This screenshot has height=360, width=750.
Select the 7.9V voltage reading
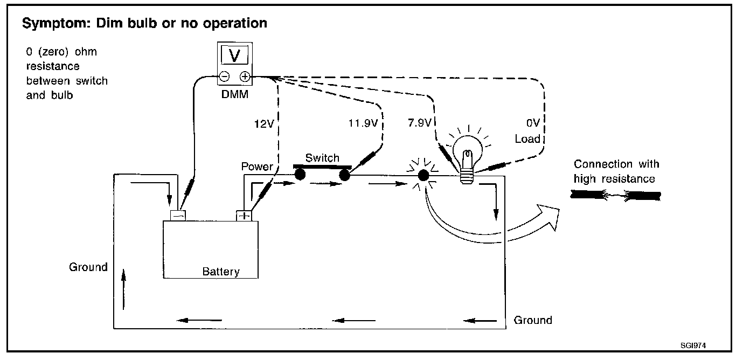[x=420, y=123]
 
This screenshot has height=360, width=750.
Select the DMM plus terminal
[x=244, y=77]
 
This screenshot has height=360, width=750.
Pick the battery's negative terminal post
[x=178, y=215]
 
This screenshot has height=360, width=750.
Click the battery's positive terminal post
[x=244, y=216]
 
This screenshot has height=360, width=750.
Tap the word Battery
[x=221, y=271]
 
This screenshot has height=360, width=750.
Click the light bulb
[x=467, y=152]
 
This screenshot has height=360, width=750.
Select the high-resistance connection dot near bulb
[x=423, y=175]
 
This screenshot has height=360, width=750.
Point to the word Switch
[x=322, y=158]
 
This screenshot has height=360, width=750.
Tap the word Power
[x=257, y=167]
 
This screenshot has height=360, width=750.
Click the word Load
[x=527, y=139]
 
